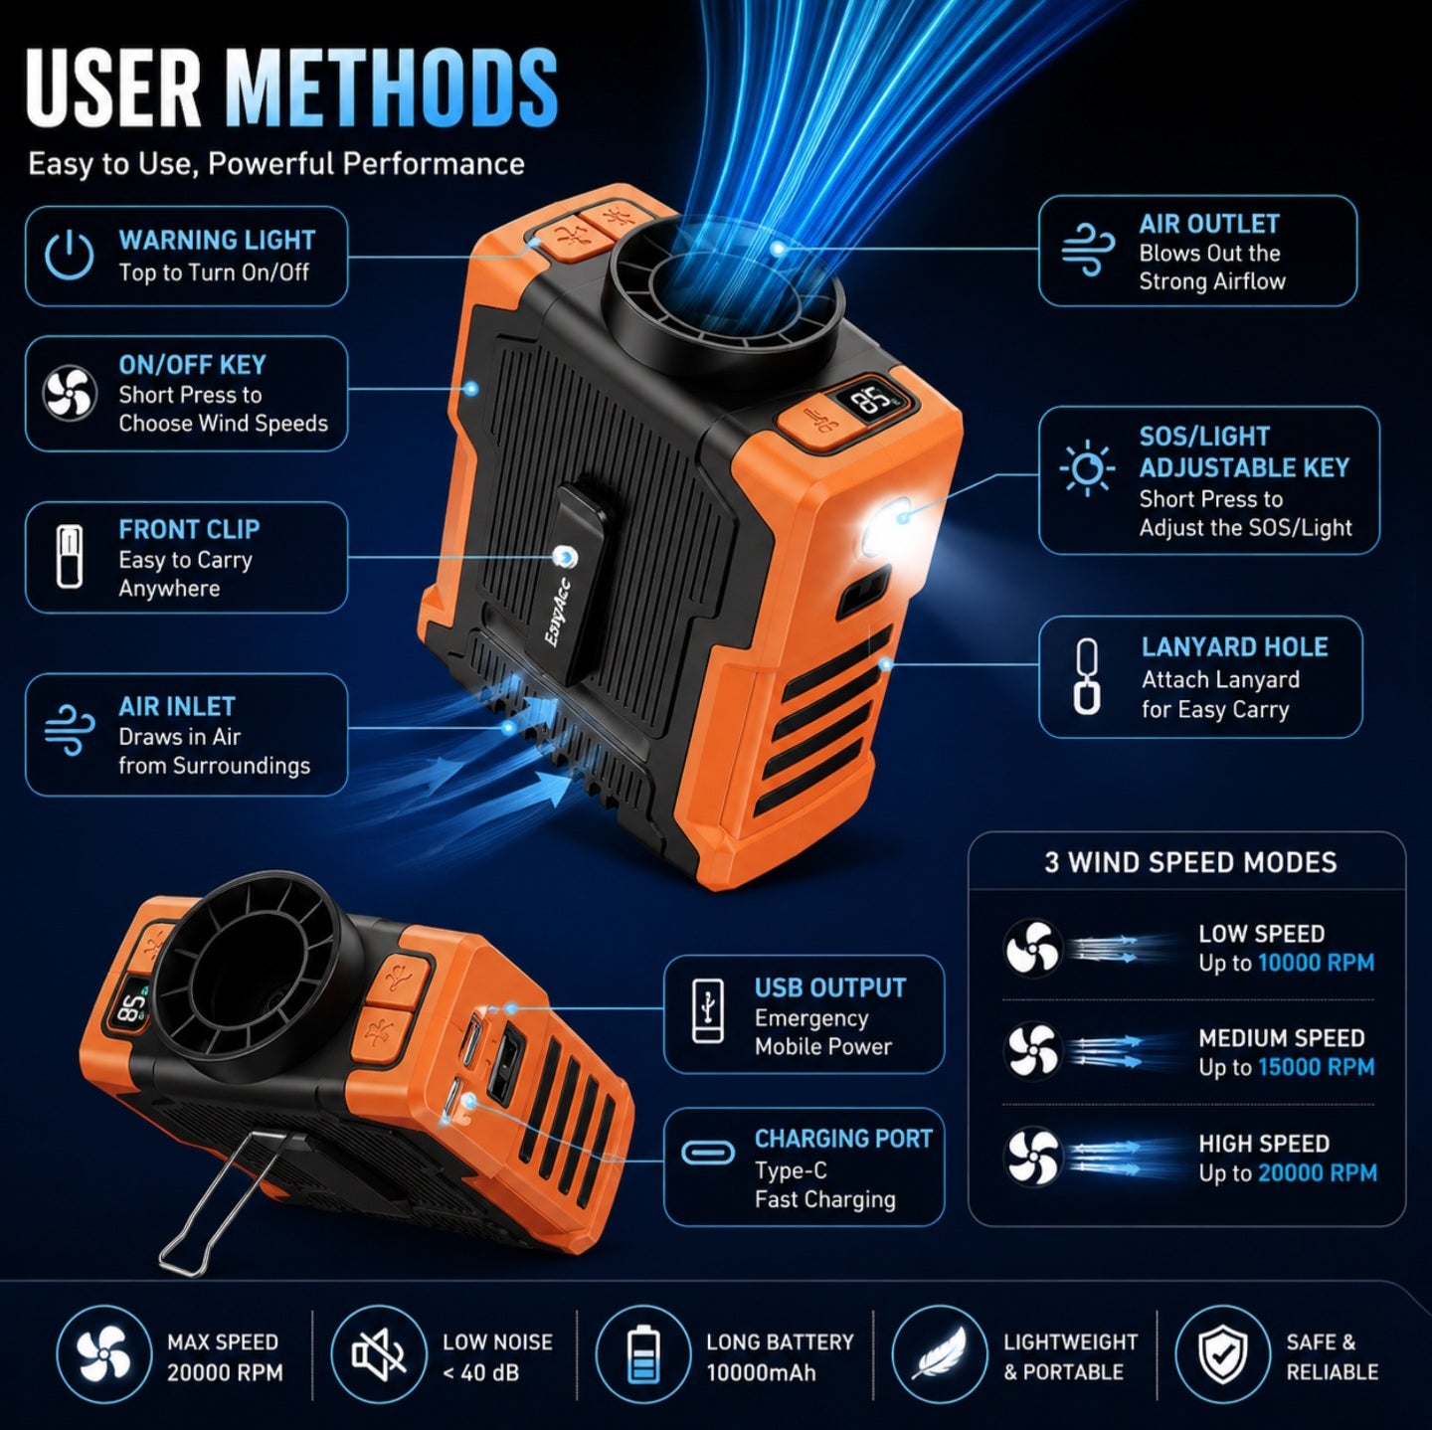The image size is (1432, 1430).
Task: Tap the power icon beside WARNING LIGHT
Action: click(69, 255)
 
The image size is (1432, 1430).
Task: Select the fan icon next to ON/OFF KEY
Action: click(69, 393)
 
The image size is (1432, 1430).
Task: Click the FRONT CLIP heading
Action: click(190, 529)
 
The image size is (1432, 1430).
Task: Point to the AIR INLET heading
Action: click(177, 706)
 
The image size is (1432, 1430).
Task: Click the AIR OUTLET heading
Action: click(1209, 224)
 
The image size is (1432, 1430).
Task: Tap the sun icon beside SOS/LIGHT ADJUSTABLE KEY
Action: click(1087, 469)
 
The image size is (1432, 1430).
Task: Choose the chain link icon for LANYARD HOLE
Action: click(1087, 677)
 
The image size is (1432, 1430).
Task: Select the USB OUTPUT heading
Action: click(830, 987)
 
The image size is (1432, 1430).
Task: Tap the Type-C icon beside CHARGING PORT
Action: click(707, 1153)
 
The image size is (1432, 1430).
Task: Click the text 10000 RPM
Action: click(1316, 963)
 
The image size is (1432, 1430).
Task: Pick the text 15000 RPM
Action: click(1316, 1067)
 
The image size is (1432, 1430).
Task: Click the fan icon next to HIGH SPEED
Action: click(1033, 1157)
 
